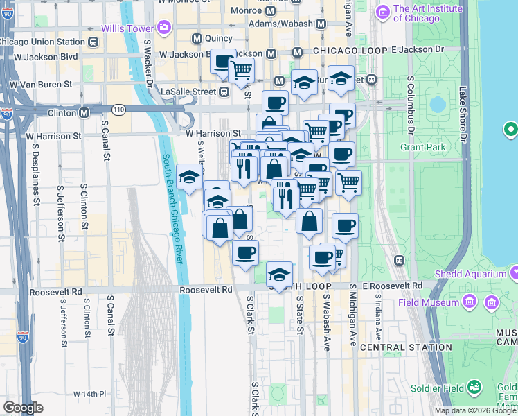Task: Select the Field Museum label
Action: coord(430,302)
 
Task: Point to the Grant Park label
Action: coord(420,147)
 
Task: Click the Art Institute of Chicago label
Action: coord(427,13)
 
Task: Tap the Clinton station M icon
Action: coord(84,112)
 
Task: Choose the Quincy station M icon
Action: coord(197,38)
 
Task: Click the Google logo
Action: coord(23,407)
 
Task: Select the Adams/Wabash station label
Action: coord(280,24)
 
